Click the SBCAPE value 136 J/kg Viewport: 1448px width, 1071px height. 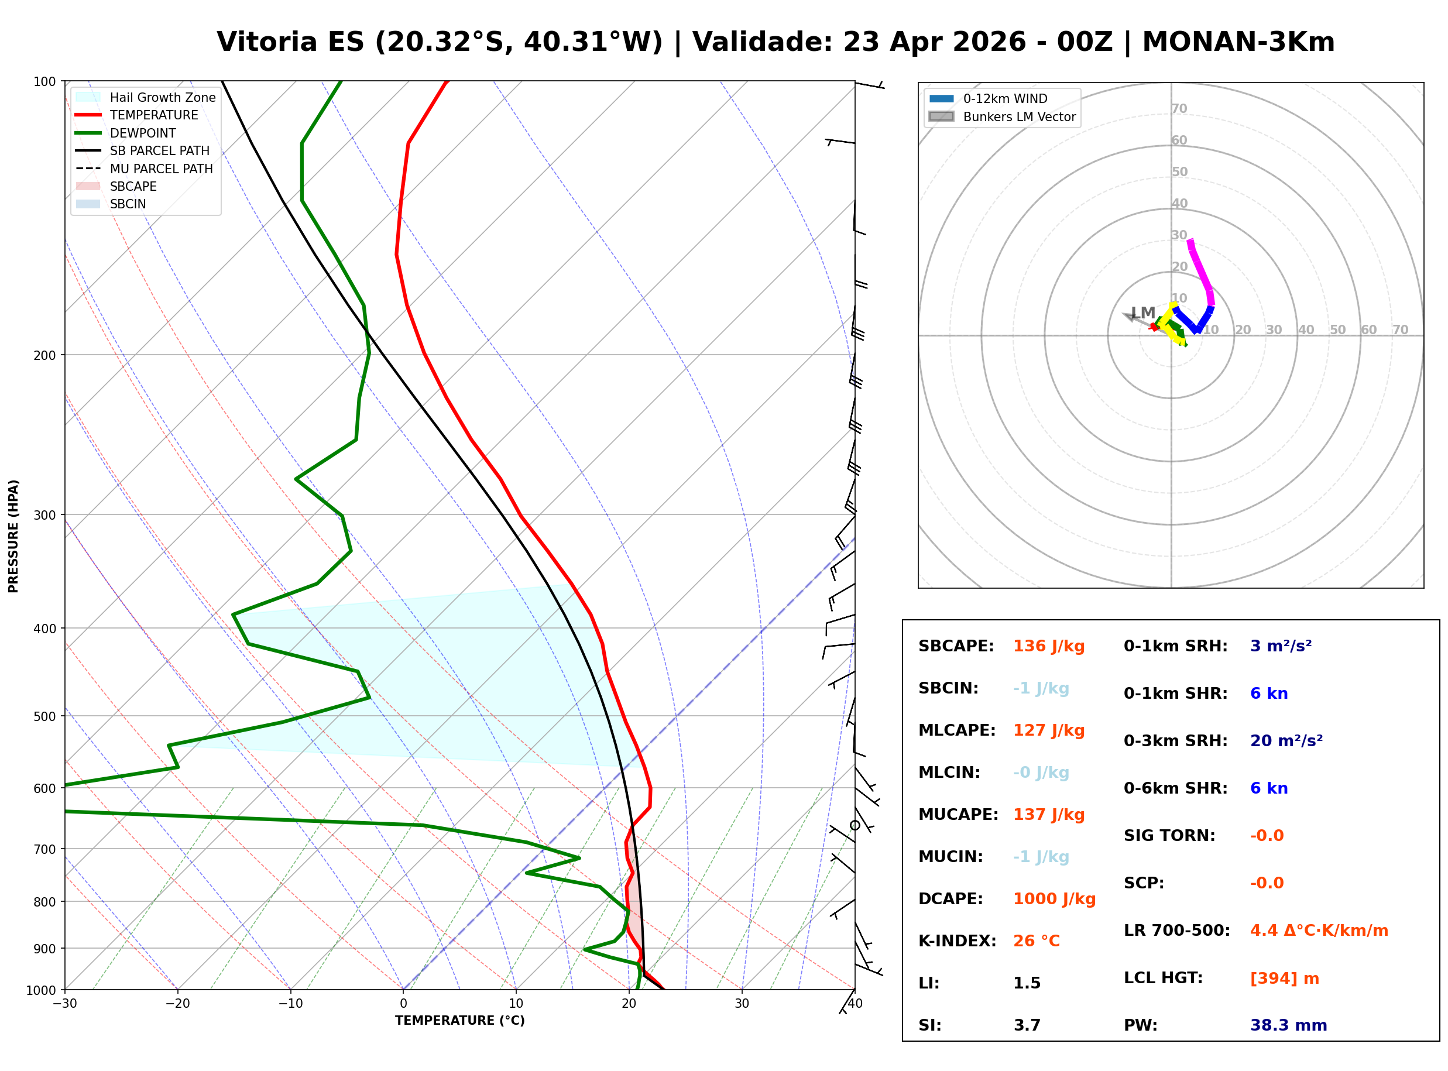point(1048,646)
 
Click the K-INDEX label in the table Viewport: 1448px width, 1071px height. point(957,941)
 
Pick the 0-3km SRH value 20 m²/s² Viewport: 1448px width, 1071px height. point(1286,741)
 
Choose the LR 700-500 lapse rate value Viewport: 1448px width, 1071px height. point(1319,931)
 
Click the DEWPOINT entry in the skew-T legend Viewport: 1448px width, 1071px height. point(143,133)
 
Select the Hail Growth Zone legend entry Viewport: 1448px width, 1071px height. point(162,97)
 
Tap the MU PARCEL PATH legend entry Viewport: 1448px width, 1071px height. point(161,169)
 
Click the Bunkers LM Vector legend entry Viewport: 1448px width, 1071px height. point(1018,116)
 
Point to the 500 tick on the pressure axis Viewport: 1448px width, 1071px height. point(44,716)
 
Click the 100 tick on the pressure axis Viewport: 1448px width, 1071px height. point(44,82)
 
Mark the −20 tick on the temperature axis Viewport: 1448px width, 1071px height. point(177,1004)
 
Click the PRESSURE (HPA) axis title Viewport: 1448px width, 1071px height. point(13,536)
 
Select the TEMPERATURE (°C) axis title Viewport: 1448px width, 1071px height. point(459,1021)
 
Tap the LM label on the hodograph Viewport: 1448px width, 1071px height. point(1142,313)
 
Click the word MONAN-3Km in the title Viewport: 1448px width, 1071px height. point(1237,42)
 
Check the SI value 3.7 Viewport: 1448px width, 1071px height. point(1027,1025)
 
